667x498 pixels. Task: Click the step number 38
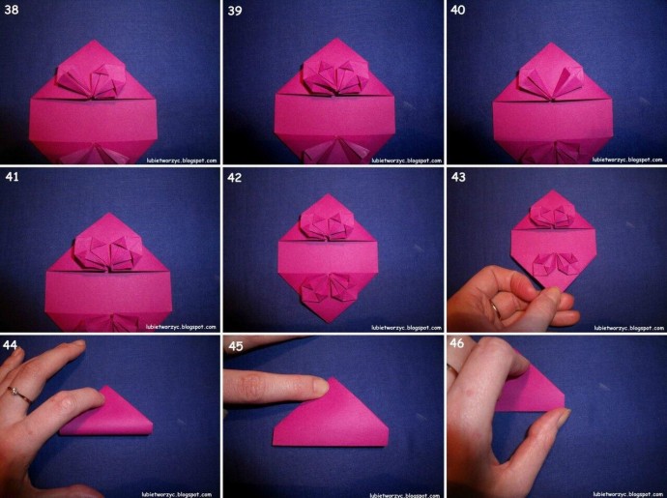(x=12, y=10)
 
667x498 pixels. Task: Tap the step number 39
(x=234, y=11)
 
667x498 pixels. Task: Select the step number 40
(x=457, y=10)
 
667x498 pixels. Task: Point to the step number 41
(x=12, y=176)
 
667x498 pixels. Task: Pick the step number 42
(x=234, y=177)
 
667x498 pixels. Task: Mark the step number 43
(x=458, y=177)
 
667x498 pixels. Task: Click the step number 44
(x=10, y=344)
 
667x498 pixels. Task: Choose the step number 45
(x=236, y=345)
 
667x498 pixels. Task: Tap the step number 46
(x=456, y=342)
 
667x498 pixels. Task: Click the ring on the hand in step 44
(x=18, y=395)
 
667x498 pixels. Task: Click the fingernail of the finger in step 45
(x=320, y=386)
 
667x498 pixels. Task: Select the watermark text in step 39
(x=407, y=161)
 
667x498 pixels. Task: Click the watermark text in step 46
(x=628, y=494)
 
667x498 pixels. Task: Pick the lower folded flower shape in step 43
(x=555, y=265)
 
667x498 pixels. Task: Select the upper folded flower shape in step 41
(x=108, y=252)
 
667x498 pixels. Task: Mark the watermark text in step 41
(x=181, y=327)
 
